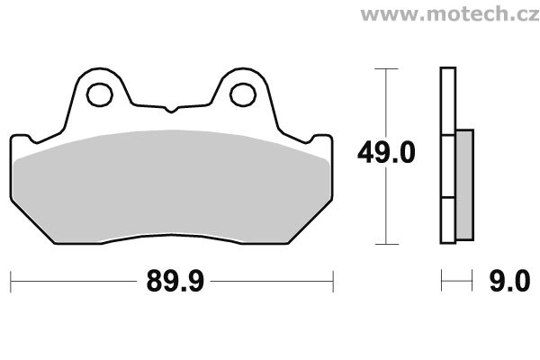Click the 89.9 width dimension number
tap(175, 282)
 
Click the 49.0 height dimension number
tap(386, 153)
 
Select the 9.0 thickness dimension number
tap(510, 282)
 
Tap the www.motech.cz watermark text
tap(450, 14)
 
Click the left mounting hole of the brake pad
tap(100, 94)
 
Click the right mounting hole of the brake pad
tap(243, 94)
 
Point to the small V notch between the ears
tap(171, 110)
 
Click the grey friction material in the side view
tap(464, 185)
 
